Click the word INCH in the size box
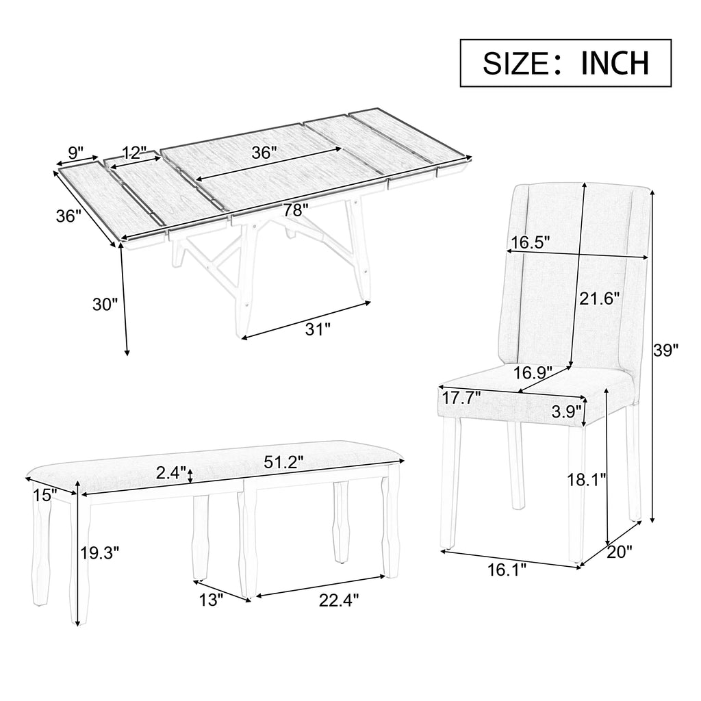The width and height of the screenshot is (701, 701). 615,63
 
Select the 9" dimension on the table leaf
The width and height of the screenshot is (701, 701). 76,153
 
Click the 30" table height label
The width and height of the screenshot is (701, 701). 105,305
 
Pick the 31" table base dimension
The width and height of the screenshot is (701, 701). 318,329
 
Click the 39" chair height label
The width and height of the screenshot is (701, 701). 665,350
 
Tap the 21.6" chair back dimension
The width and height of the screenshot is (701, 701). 600,298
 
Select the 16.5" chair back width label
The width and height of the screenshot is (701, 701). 531,242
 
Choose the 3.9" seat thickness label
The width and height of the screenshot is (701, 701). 566,411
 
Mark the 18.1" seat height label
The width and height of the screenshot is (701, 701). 587,480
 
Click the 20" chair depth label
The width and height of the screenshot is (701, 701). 620,552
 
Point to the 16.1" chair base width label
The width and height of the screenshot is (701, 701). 507,570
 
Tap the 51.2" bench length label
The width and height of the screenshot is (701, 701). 283,462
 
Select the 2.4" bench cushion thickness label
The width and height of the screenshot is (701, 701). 170,472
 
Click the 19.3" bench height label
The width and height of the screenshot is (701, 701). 100,553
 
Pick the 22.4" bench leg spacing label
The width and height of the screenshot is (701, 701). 339,600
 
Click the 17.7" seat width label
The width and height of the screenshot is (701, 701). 461,398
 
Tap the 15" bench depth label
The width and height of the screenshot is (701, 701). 44,495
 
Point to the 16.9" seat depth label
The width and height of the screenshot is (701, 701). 533,372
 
